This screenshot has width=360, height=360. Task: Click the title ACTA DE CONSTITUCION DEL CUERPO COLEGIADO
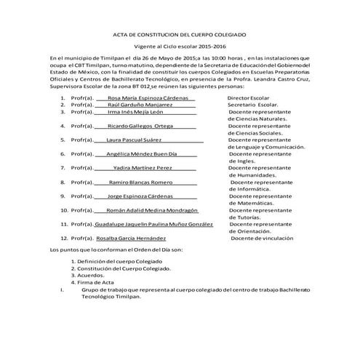(180, 33)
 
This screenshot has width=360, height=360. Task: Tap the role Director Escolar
(252, 96)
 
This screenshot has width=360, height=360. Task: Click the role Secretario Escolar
(252, 105)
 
